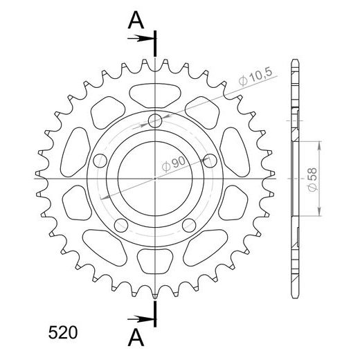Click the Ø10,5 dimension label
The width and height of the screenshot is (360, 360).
255,77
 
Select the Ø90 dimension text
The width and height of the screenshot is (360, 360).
174,163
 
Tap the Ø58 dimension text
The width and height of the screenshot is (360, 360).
313,179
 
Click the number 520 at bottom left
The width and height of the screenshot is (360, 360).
63,332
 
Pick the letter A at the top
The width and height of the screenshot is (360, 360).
136,20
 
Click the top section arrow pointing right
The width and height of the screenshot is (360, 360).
141,38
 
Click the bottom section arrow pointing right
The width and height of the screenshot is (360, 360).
141,319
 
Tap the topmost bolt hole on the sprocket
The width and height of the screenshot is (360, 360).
155,120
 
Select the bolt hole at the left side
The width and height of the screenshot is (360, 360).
100,161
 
